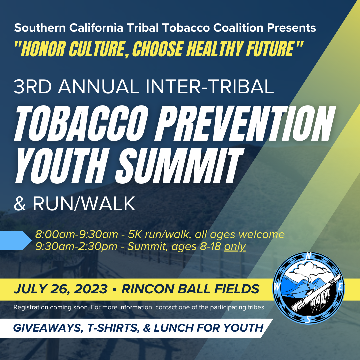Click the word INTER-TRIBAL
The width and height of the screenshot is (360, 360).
210,87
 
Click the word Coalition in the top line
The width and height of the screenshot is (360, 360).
238,28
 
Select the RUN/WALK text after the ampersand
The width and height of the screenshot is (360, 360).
84,203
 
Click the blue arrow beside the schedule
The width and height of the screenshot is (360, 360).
16,240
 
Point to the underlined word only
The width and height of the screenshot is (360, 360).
235,247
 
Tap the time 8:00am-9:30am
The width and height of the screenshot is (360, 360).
76,234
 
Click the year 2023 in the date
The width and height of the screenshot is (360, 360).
91,289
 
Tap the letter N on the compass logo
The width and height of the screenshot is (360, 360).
309,256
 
